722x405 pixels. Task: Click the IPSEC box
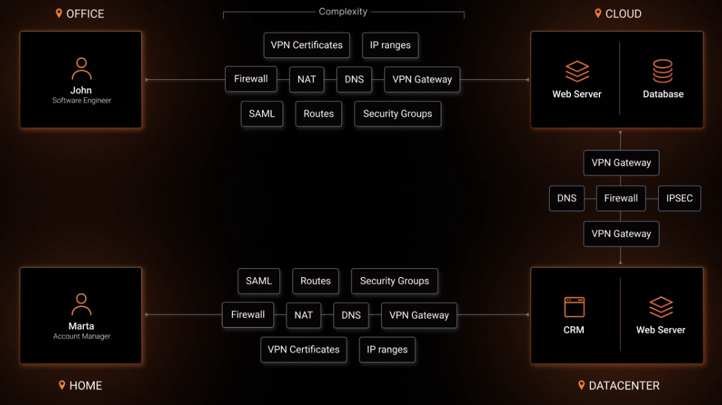(679, 198)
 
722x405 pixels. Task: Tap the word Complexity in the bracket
(343, 12)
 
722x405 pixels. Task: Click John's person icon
(81, 68)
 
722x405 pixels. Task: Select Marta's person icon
(81, 304)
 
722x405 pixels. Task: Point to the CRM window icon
(574, 307)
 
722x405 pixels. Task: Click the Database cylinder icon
(663, 71)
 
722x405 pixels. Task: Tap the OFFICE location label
(85, 14)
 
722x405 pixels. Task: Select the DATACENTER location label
(623, 386)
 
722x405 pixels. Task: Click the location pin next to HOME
(62, 385)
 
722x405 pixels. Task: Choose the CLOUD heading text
(623, 14)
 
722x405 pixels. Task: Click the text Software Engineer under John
(81, 101)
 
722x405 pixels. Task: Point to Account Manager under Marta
(81, 336)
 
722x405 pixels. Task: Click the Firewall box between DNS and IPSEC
(621, 198)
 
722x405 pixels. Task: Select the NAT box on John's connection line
(306, 79)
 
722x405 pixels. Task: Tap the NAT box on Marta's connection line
(303, 315)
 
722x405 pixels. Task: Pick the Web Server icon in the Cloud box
(577, 71)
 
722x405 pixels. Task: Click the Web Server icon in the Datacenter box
(661, 307)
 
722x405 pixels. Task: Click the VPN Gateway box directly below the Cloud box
(621, 163)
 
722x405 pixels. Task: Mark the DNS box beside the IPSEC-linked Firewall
(567, 198)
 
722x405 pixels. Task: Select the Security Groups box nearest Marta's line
(394, 281)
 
